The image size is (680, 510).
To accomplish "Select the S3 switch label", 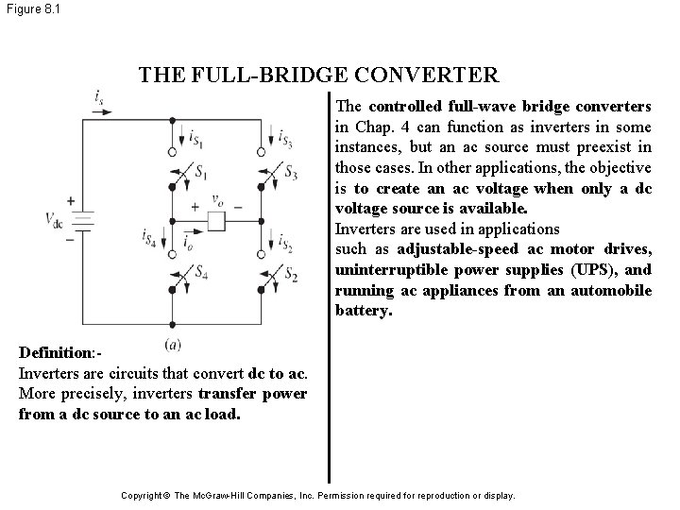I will coord(292,174).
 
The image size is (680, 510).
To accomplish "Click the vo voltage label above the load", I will coord(219,202).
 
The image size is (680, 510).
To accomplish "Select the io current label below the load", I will coord(189,245).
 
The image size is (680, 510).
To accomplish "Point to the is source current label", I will coord(99,96).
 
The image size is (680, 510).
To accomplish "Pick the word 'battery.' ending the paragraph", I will coord(363,309).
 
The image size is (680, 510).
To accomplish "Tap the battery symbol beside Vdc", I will coord(83,221).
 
